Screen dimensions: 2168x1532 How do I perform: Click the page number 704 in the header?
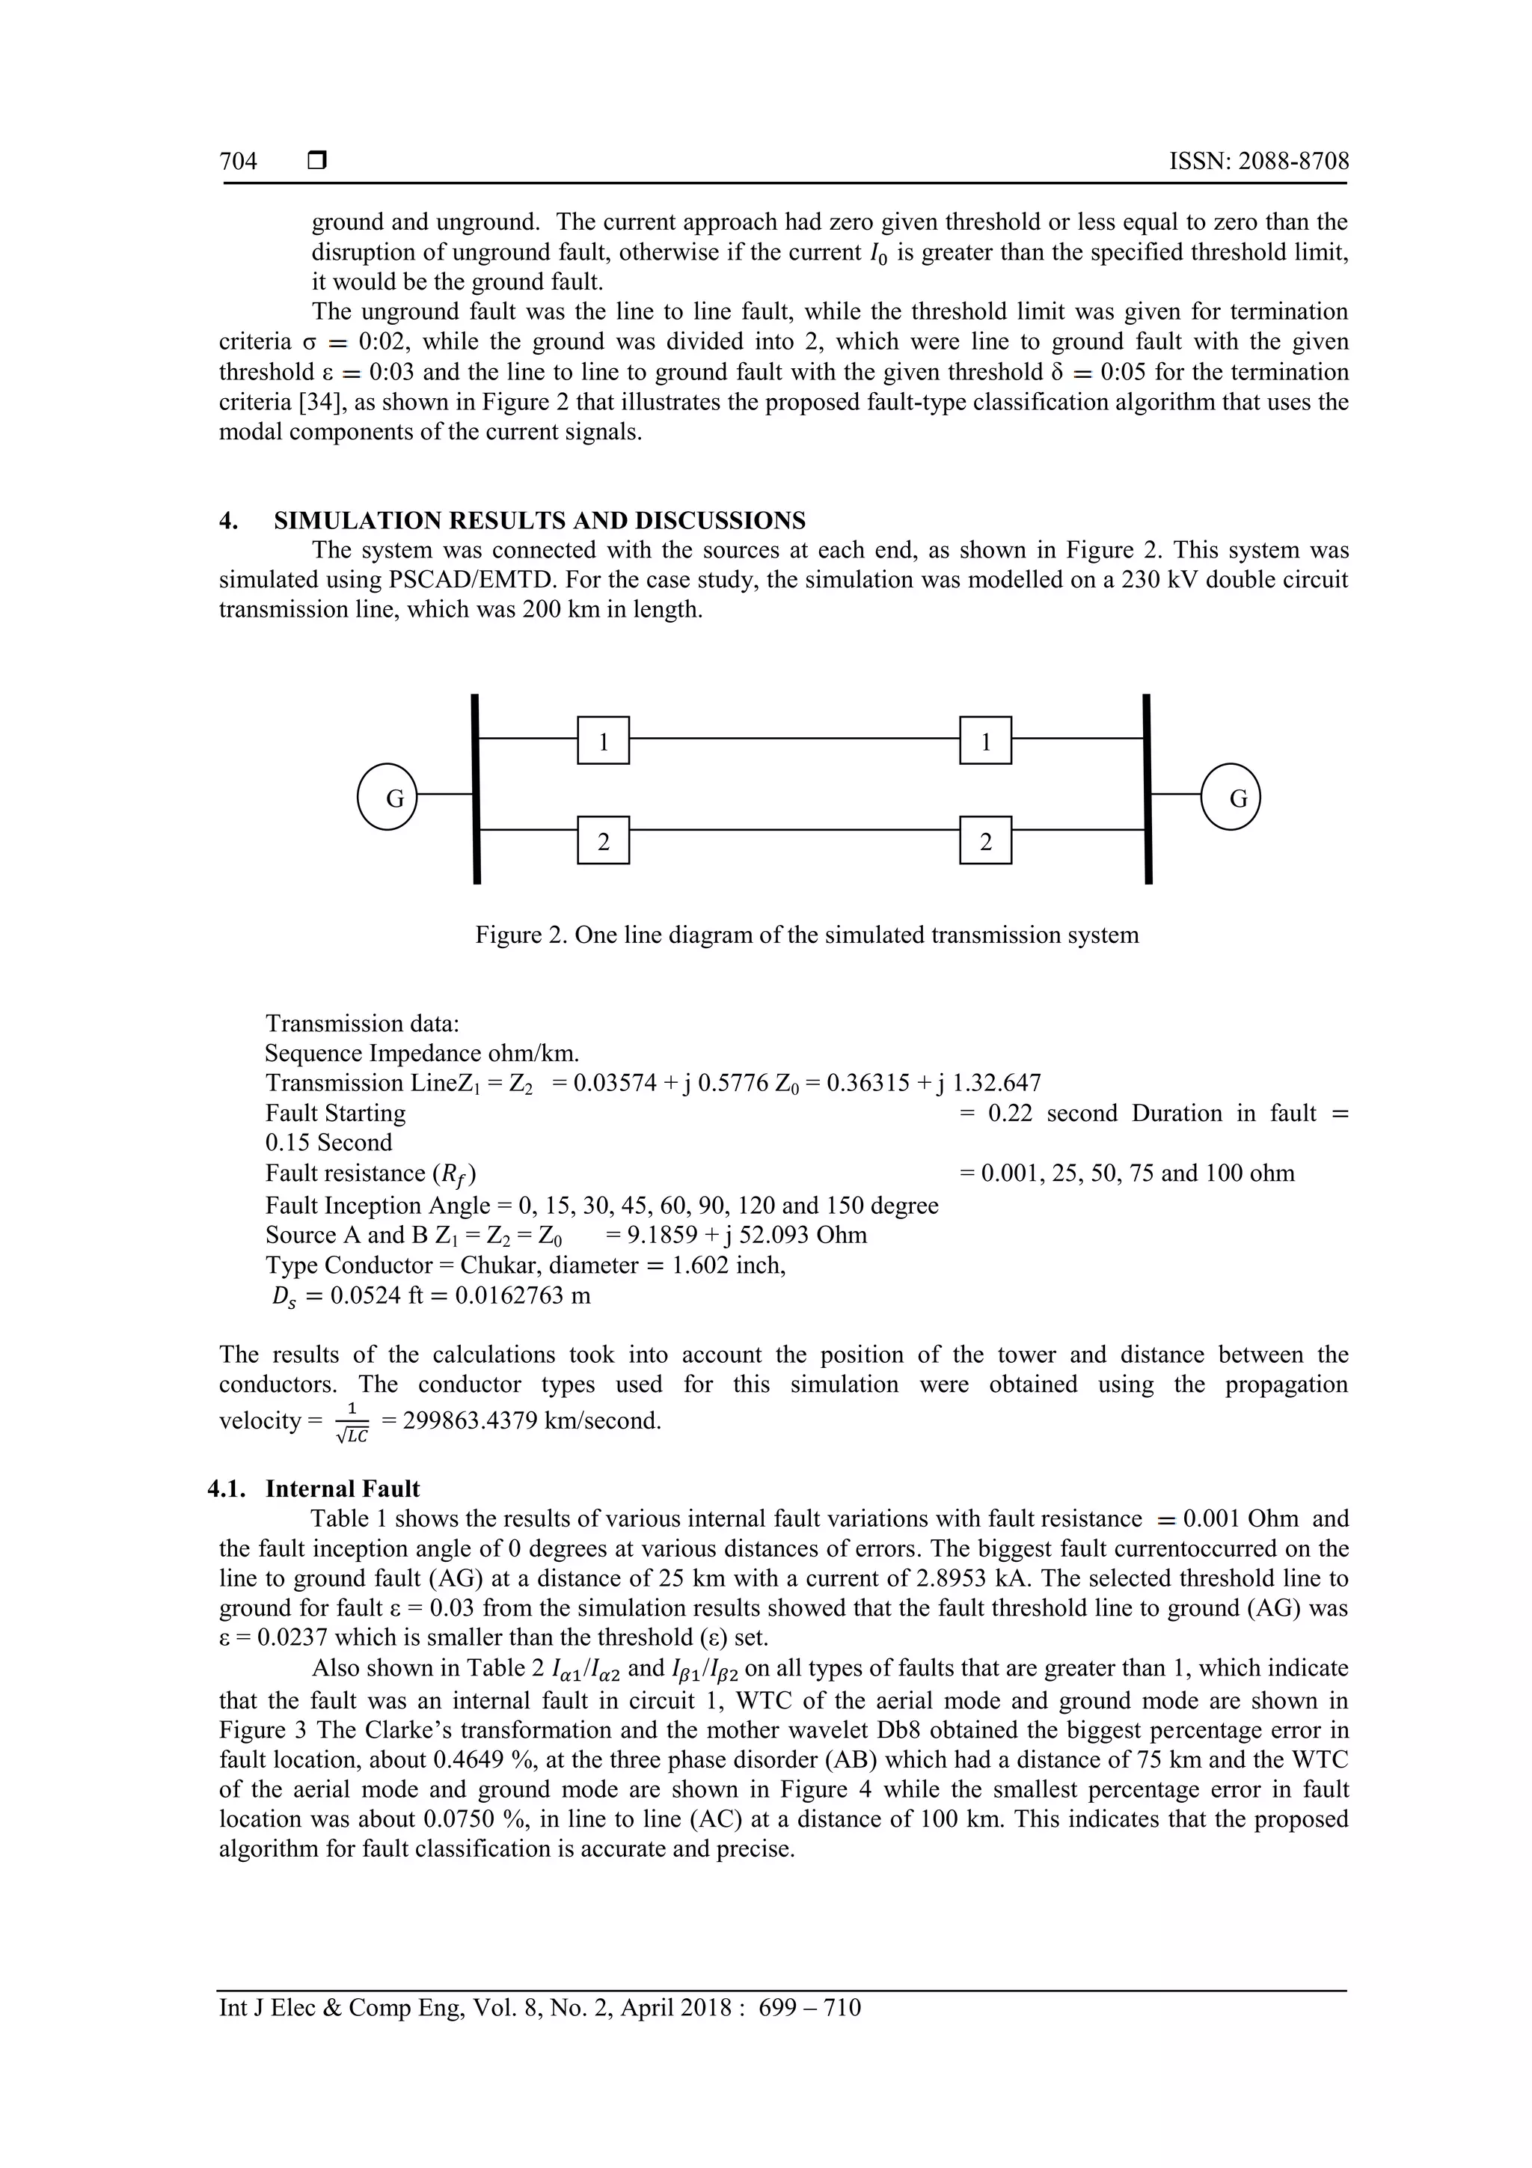[x=238, y=162]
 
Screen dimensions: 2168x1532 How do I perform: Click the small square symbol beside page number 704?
[x=317, y=162]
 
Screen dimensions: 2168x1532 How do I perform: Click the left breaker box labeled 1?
[x=603, y=740]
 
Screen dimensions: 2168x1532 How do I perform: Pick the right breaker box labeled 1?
[x=985, y=740]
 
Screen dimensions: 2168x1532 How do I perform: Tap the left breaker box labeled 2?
[x=603, y=840]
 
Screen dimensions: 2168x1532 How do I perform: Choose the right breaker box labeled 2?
[x=985, y=840]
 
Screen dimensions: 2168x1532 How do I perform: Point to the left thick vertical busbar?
[x=477, y=790]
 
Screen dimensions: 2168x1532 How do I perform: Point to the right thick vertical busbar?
[x=1147, y=790]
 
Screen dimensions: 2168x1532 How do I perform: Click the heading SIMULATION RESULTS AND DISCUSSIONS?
[x=539, y=520]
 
